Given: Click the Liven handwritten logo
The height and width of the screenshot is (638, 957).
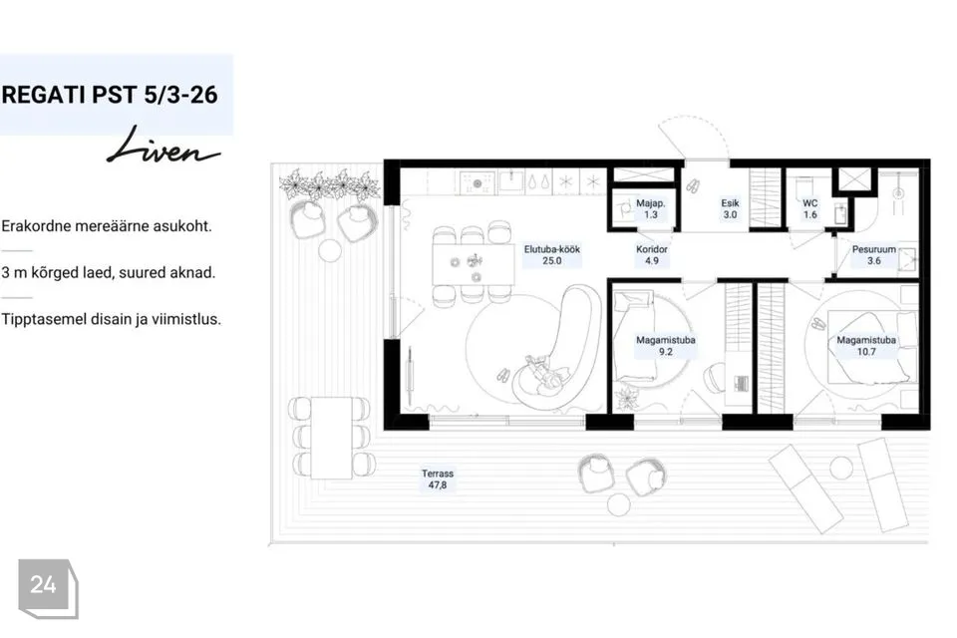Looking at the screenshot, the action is tap(162, 148).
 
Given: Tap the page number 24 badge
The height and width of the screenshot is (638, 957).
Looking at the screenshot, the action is tap(48, 588).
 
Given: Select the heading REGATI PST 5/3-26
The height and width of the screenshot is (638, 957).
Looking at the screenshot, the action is tap(110, 95).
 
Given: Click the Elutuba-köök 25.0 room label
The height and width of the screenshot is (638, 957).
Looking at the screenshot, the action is tap(551, 255).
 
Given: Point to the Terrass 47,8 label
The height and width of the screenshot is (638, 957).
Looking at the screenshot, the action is tap(437, 479).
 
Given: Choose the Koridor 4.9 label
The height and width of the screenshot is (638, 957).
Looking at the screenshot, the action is tap(651, 255).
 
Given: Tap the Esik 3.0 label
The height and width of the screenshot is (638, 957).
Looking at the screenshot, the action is tap(730, 208).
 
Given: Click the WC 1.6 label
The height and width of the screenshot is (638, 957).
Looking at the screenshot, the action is tap(809, 208).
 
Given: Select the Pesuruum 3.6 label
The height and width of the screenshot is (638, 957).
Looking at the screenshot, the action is tap(874, 255).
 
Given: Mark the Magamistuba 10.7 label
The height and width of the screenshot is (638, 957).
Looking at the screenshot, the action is tap(866, 346).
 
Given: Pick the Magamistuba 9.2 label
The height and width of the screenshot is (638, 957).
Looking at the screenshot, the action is tap(665, 346).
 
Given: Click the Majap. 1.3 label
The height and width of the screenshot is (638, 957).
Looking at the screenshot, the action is tap(651, 208).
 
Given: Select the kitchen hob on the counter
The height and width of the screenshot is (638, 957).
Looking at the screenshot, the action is tap(477, 182).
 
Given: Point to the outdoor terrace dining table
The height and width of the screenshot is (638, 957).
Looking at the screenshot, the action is tap(331, 438).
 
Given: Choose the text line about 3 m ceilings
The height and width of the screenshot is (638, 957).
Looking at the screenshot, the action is tap(109, 272).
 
